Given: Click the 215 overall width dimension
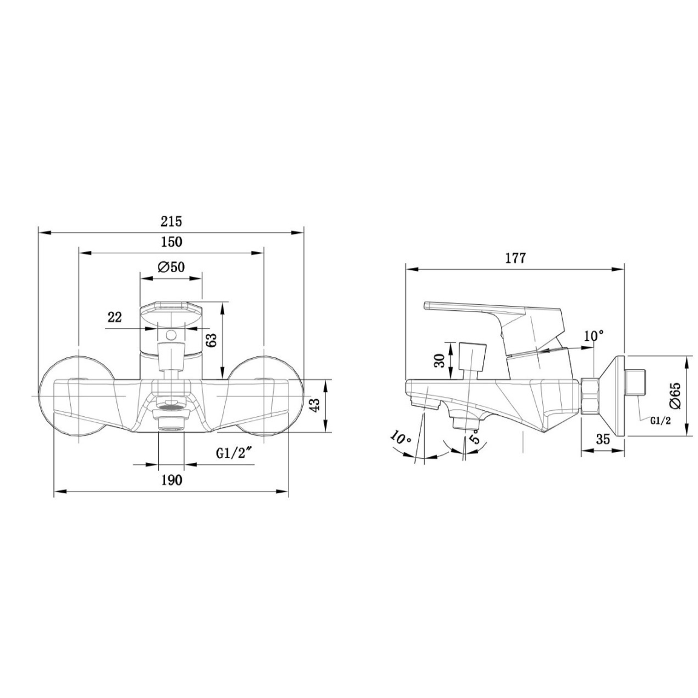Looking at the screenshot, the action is (171, 221).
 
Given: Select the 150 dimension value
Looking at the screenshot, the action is (171, 242).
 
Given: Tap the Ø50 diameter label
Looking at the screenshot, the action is (171, 267).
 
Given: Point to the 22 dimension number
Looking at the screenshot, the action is (115, 317).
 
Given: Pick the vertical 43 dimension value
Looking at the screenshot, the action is (314, 405).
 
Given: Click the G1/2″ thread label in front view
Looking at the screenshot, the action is (234, 453).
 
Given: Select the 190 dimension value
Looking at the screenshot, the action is (171, 480).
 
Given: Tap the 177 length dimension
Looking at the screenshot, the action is (516, 258).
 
